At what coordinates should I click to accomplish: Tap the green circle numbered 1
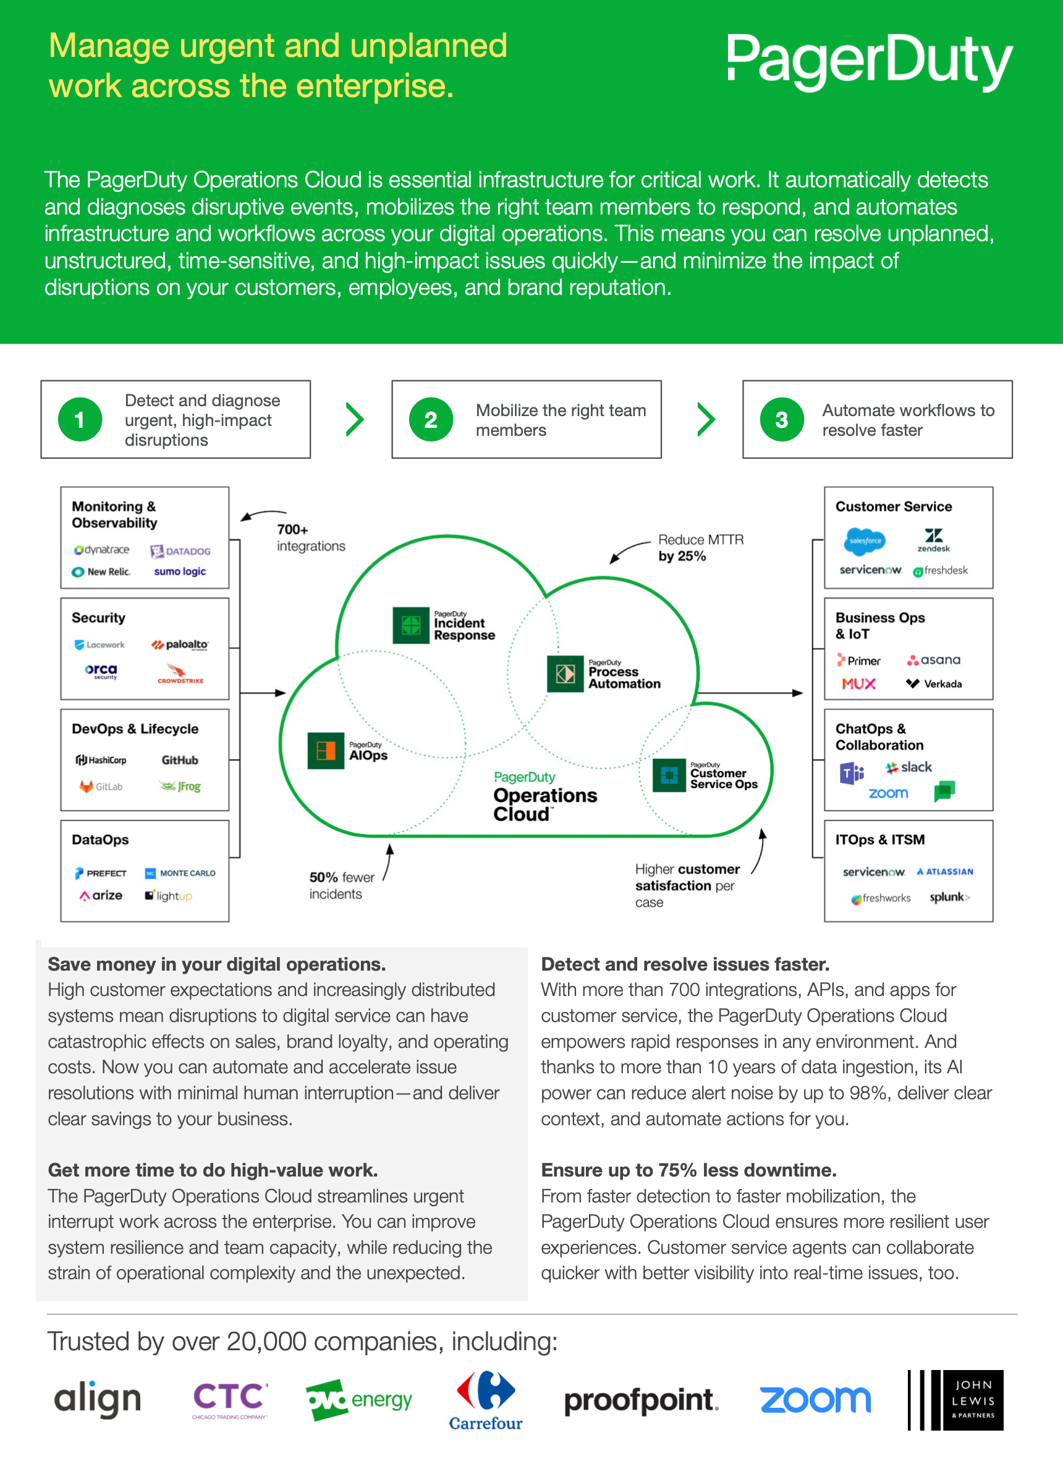[x=80, y=420]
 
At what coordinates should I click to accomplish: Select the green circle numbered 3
[x=782, y=420]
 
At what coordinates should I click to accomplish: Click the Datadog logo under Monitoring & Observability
[x=180, y=551]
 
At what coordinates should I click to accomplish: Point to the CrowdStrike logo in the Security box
[x=180, y=673]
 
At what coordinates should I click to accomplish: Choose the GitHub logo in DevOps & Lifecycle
[x=180, y=760]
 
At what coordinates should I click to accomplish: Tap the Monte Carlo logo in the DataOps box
[x=180, y=873]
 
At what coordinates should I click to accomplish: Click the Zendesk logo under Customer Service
[x=933, y=540]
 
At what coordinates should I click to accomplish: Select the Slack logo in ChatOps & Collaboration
[x=908, y=767]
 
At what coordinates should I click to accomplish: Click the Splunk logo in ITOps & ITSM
[x=949, y=896]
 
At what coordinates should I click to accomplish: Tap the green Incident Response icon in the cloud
[x=411, y=625]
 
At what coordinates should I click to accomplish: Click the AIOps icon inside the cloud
[x=326, y=751]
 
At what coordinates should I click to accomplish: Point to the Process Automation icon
[x=565, y=674]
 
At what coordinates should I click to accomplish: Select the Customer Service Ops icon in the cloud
[x=669, y=775]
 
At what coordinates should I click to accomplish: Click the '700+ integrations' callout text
[x=311, y=538]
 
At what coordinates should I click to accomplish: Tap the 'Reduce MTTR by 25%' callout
[x=701, y=547]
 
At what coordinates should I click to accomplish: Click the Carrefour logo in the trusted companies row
[x=486, y=1401]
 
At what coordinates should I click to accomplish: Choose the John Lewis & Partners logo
[x=955, y=1400]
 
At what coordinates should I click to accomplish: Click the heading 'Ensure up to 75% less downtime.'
[x=688, y=1170]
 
